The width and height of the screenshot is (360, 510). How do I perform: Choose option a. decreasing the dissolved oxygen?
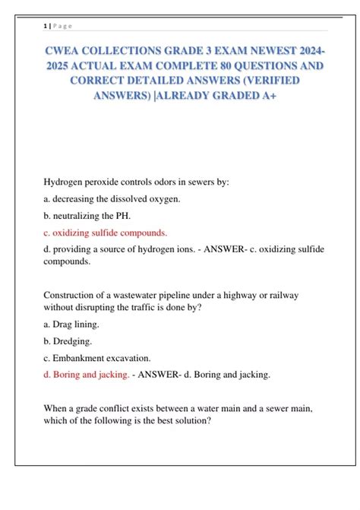(x=112, y=199)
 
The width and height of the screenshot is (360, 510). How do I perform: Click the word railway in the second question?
(x=296, y=295)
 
